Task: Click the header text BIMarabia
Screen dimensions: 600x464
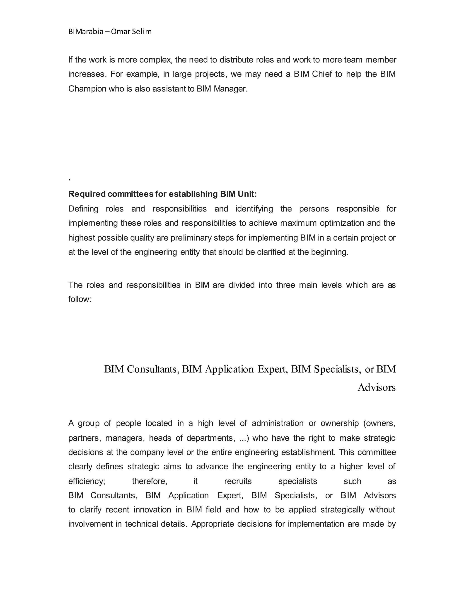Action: click(86, 32)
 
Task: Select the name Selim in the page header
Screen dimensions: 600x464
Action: click(142, 32)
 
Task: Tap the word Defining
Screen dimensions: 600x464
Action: click(83, 209)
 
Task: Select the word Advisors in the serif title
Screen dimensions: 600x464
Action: click(376, 387)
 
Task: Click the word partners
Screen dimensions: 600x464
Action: click(84, 438)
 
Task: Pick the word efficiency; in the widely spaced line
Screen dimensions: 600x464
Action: click(87, 481)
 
